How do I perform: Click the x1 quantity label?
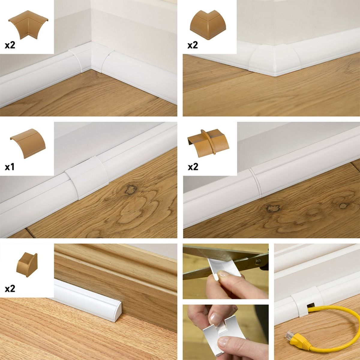pos(10,166)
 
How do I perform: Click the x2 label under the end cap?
pos(10,289)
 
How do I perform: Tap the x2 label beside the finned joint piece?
pos(193,166)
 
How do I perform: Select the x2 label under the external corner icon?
pos(193,45)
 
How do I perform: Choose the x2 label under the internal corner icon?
pos(10,46)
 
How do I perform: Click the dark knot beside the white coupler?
pos(131,189)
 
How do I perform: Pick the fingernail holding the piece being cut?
pos(222,274)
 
